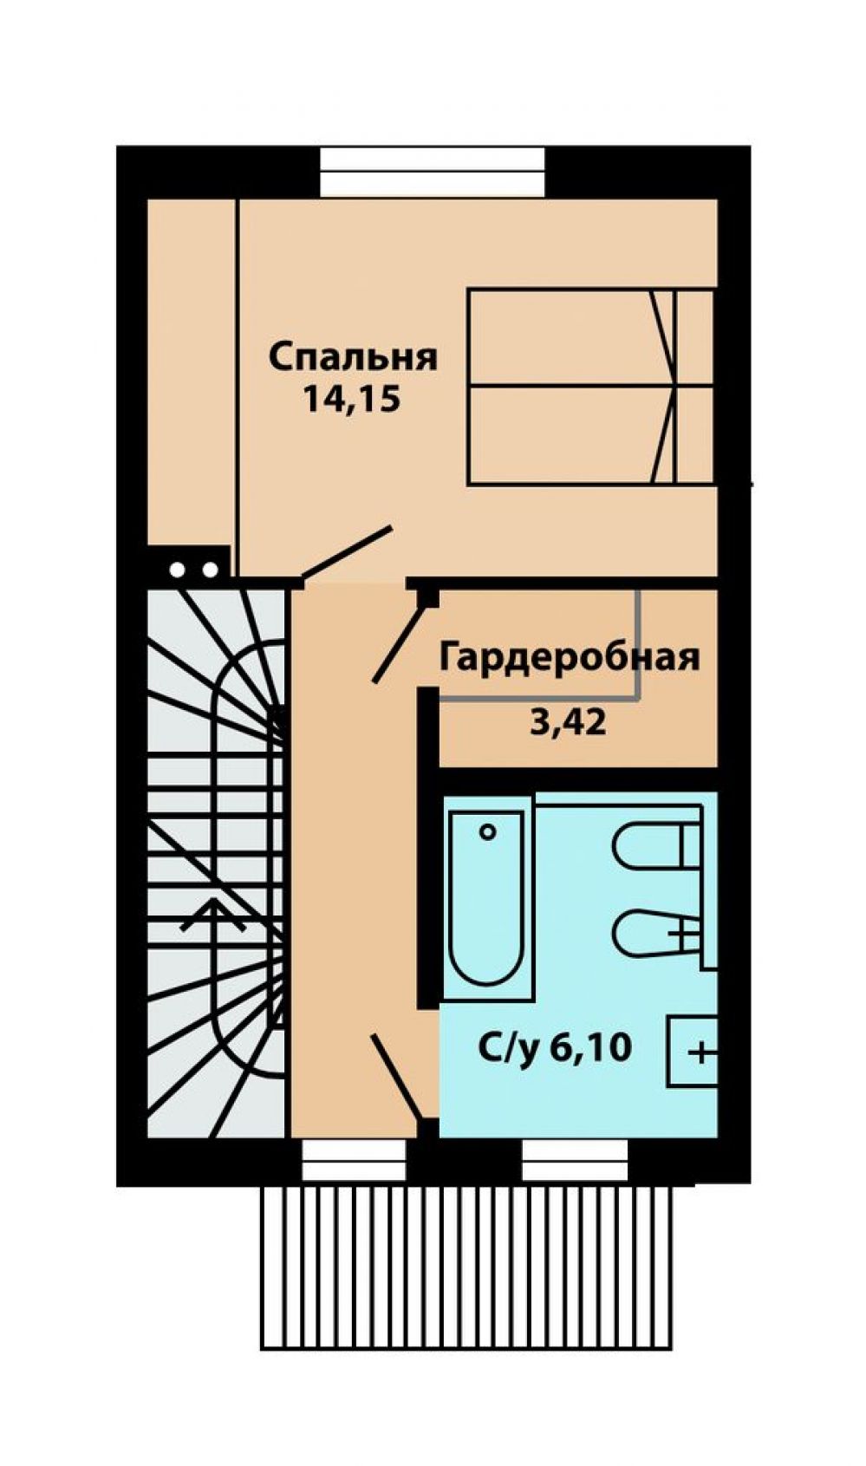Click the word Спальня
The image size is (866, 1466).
353,357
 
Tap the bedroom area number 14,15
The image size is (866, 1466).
351,400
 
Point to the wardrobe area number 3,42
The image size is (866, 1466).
568,721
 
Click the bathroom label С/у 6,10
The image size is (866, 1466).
555,1049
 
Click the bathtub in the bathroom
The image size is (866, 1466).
486,897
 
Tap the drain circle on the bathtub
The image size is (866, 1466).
487,832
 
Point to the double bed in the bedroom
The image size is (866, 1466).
589,386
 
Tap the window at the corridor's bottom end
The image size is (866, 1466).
354,1159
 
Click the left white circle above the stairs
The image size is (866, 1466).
178,570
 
